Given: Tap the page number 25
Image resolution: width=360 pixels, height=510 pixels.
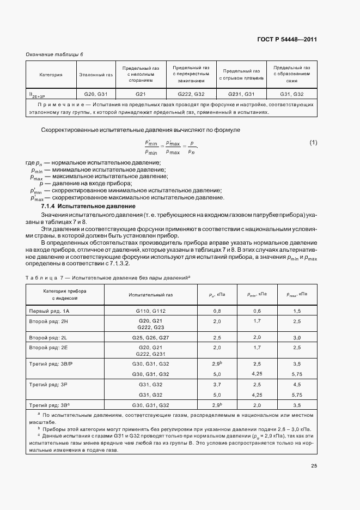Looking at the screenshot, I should click(314, 465).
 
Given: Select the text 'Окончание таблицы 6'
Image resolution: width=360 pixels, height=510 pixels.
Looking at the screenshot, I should click(54, 54).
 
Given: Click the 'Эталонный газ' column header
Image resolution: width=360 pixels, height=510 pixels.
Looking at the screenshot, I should click(96, 74).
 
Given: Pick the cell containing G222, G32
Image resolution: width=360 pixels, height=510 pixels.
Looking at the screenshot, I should click(188, 94).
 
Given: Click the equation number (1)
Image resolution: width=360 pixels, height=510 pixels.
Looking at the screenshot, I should click(313, 143).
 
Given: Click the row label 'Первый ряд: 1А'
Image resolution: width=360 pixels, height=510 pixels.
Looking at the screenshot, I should click(49, 310).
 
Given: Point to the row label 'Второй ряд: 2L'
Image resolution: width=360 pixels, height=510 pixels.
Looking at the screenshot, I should click(50, 338).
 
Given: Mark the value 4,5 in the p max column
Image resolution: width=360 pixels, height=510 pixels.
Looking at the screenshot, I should click(297, 384).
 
